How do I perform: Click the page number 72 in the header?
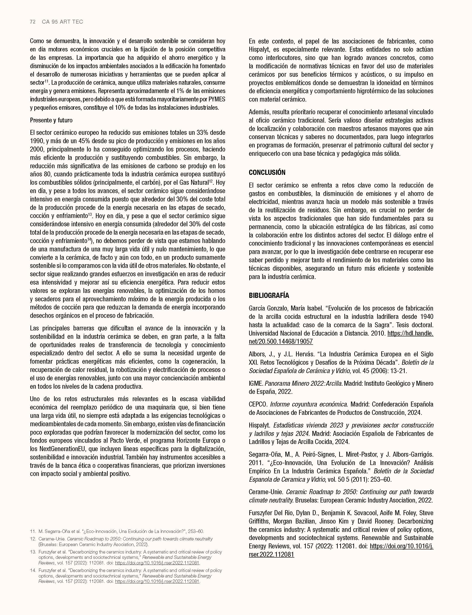[33, 22]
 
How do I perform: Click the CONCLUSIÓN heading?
[267, 172]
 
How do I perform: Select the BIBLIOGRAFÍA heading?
[269, 295]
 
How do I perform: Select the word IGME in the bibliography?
[255, 383]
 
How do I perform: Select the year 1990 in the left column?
[36, 141]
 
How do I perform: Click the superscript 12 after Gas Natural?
[211, 181]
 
